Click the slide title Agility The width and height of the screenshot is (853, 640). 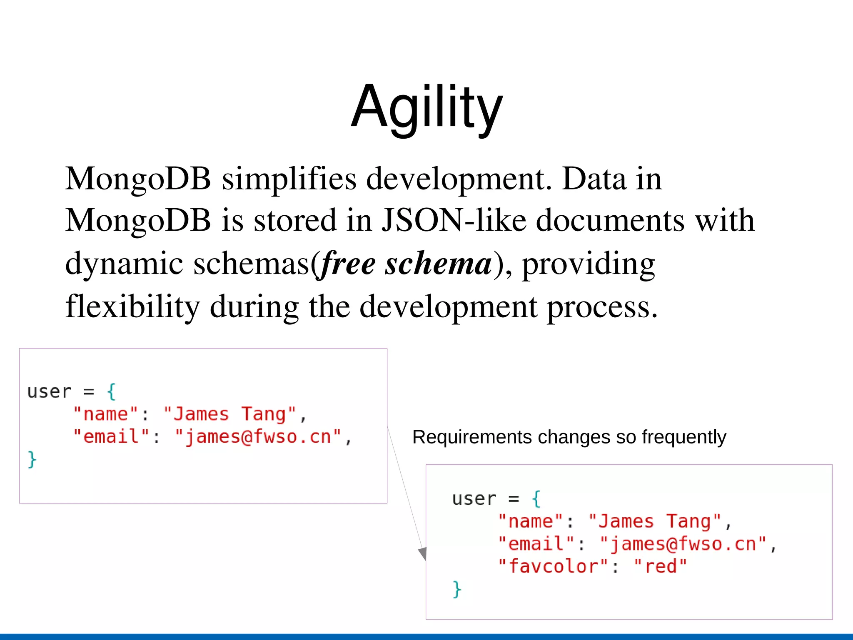click(427, 107)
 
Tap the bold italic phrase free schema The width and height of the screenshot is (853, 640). click(406, 264)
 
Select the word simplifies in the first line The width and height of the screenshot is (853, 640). click(289, 179)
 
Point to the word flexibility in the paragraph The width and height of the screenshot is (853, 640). click(132, 306)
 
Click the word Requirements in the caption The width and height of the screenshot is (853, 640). click(472, 437)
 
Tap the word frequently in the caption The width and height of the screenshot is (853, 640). click(684, 437)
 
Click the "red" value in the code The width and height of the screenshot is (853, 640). click(660, 566)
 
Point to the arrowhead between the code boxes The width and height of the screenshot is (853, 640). click(423, 554)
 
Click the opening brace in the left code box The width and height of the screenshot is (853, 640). click(111, 391)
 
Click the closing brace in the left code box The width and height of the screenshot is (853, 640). click(32, 459)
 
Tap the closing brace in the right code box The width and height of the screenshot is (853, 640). click(457, 589)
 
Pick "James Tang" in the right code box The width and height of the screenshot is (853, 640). click(654, 521)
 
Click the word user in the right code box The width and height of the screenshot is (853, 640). click(474, 499)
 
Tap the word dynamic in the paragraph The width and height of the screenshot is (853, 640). click(124, 264)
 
